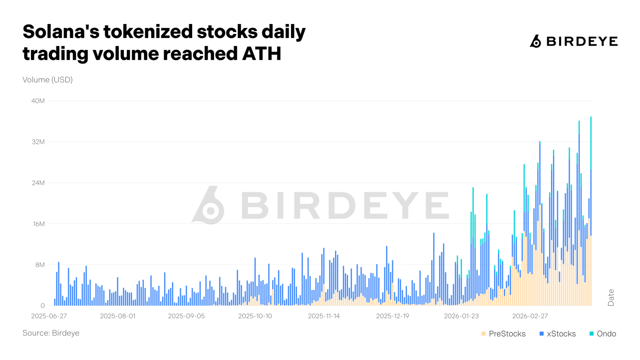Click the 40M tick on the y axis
pos(38,101)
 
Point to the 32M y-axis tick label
pos(38,142)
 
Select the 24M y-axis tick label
pos(38,183)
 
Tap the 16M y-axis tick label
pos(38,224)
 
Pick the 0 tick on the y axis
pos(42,306)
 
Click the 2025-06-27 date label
pos(48,316)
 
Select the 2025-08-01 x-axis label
pos(118,316)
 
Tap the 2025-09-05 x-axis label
pos(186,316)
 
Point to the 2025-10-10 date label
pos(255,316)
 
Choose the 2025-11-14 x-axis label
pos(324,316)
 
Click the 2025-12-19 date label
pos(393,316)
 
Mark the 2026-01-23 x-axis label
pos(461,316)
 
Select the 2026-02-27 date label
pos(530,316)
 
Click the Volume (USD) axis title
pos(47,79)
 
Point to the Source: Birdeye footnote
pos(51,333)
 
